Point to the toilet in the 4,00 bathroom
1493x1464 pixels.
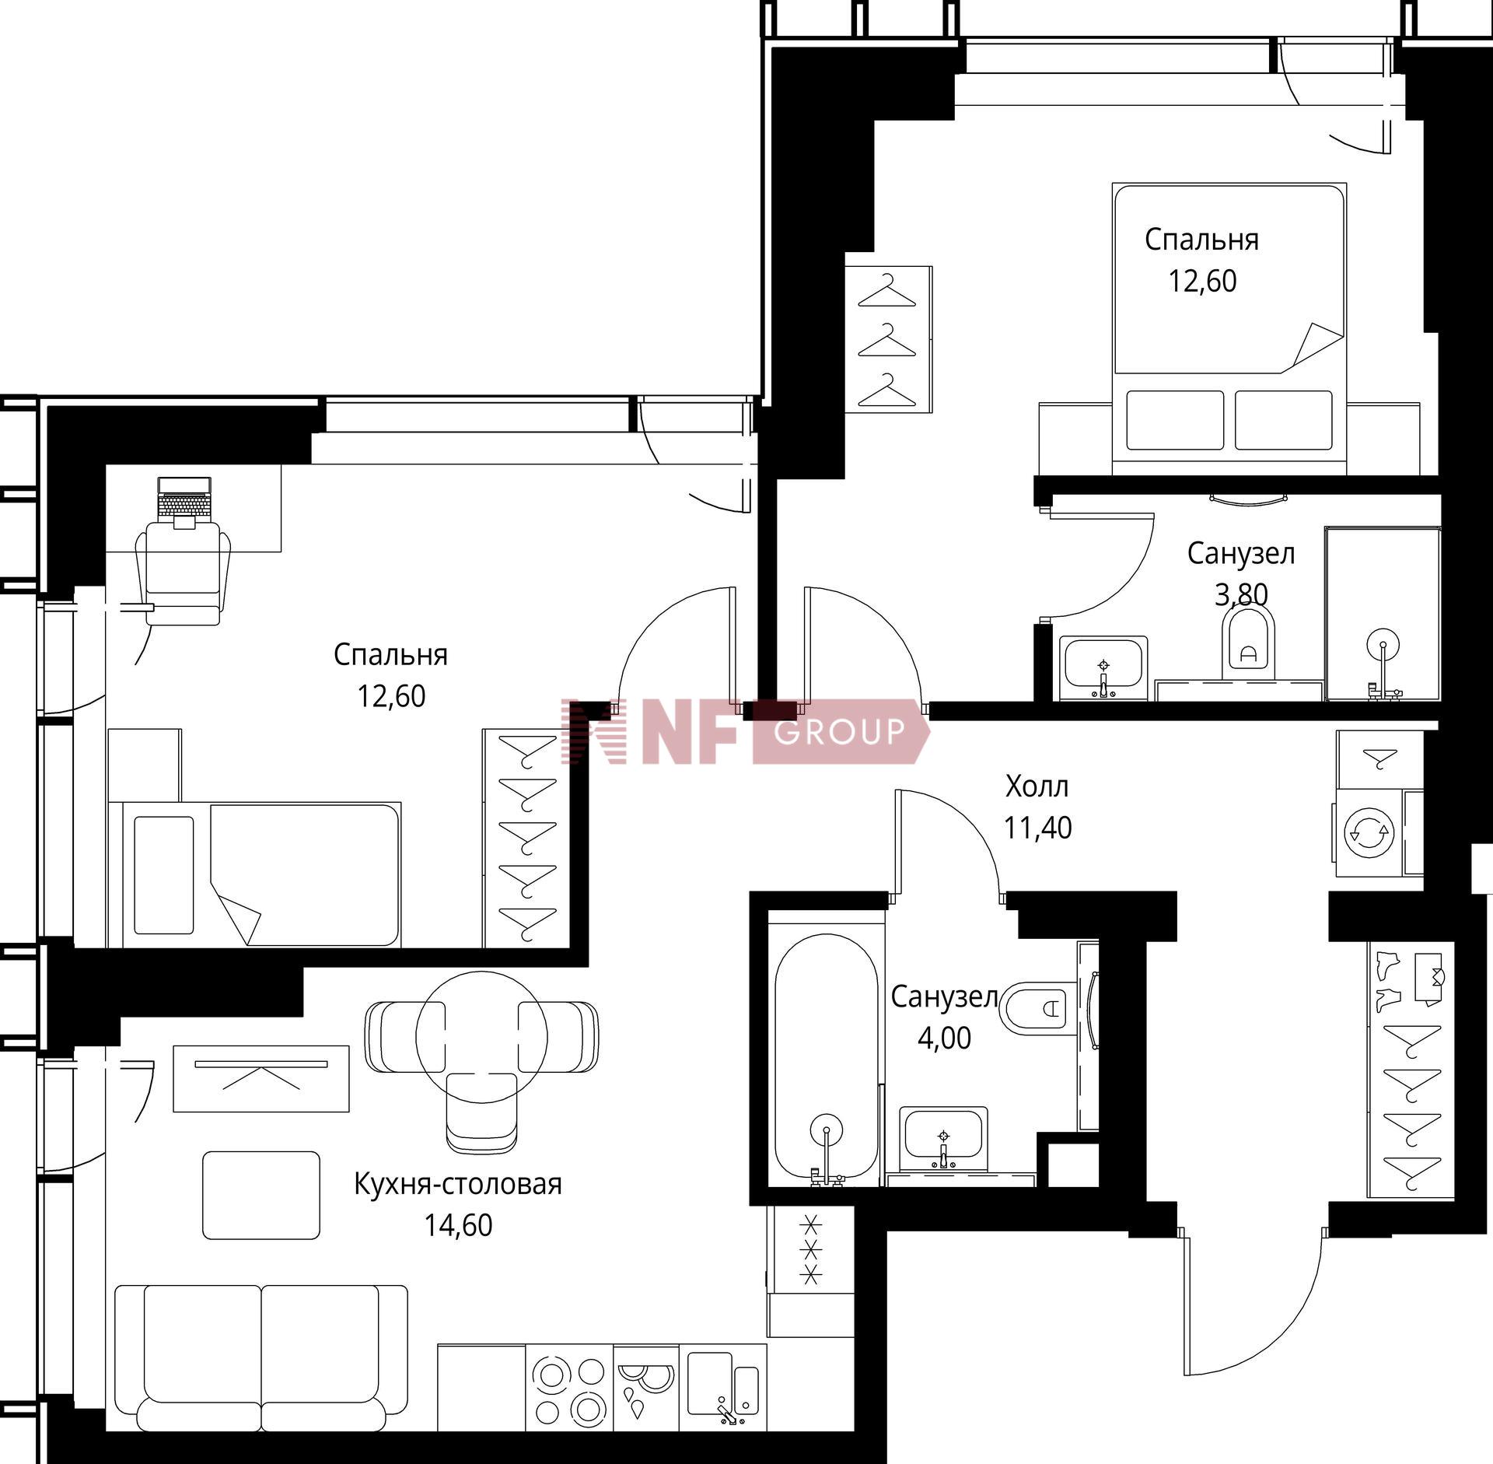(x=1040, y=1009)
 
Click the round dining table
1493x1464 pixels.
(x=481, y=1036)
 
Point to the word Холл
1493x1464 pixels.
(x=1037, y=786)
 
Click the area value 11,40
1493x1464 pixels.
(x=1037, y=828)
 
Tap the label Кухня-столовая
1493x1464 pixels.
(x=458, y=1183)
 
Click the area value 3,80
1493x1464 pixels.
(x=1241, y=595)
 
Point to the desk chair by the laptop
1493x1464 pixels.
(x=184, y=573)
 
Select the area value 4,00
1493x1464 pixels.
(x=945, y=1038)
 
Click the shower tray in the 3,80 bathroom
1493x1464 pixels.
(x=1383, y=615)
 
